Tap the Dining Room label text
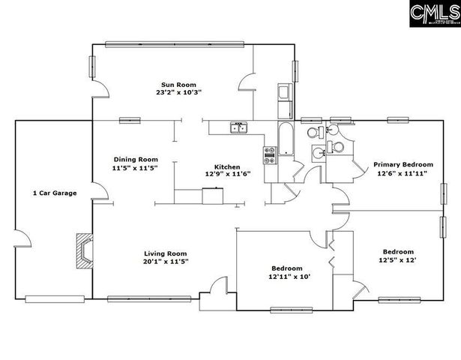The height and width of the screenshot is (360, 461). click(x=136, y=159)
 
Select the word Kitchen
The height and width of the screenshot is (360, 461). click(x=227, y=166)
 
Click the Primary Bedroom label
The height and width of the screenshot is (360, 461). click(x=403, y=164)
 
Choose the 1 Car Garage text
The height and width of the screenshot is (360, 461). click(x=54, y=193)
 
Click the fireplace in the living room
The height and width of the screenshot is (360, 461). click(x=84, y=251)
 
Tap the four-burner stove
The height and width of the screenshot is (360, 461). click(x=269, y=154)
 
